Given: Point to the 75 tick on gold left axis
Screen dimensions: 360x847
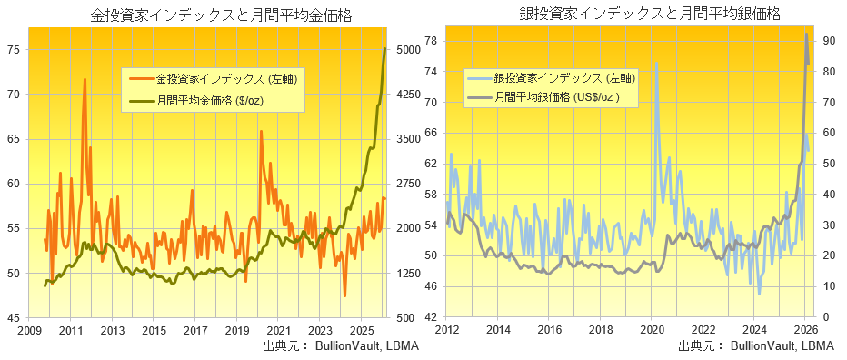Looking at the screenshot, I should click(x=15, y=50).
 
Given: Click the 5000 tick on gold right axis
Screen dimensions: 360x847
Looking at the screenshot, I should click(x=406, y=50).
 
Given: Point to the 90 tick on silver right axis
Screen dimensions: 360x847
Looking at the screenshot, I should click(x=831, y=41).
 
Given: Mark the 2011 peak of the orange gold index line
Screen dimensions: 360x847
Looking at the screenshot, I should click(x=85, y=80).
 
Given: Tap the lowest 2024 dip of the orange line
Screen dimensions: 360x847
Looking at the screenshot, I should click(x=345, y=295).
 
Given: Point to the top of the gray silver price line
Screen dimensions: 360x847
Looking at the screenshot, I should click(x=807, y=35).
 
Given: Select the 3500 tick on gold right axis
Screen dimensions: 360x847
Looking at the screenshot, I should click(x=406, y=139).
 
